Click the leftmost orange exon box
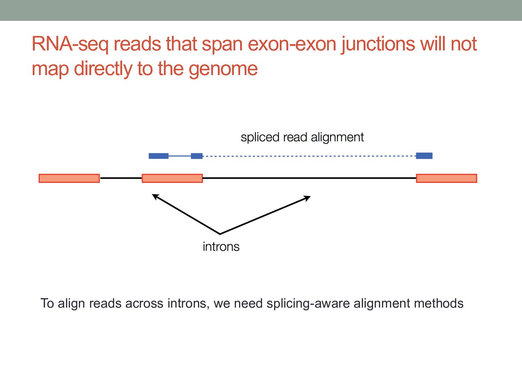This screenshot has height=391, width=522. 69,178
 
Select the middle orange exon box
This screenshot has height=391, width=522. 172,178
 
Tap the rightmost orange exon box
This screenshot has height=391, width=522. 446,178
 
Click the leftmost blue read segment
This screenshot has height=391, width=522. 158,156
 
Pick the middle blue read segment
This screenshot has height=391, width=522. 197,156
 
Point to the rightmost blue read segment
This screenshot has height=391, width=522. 424,156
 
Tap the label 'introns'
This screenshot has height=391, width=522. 221,247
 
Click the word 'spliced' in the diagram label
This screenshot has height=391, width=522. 260,137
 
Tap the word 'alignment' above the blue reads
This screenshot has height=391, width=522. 337,137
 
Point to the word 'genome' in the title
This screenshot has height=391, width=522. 223,68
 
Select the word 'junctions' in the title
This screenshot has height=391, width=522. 378,44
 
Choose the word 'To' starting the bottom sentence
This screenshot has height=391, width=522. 47,303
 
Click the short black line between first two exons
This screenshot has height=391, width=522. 121,178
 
